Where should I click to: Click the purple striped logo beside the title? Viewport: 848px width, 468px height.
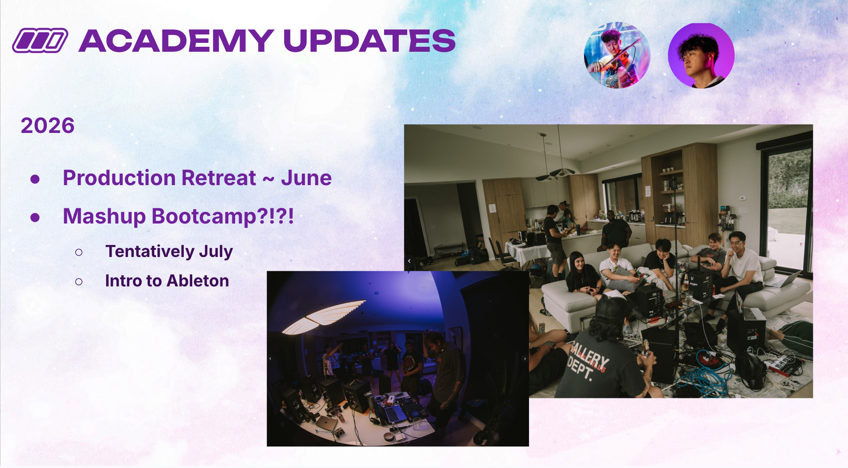(40, 41)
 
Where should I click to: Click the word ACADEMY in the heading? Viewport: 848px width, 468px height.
(176, 41)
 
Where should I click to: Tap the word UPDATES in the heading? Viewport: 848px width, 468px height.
(369, 41)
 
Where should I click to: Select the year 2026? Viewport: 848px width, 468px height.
(48, 125)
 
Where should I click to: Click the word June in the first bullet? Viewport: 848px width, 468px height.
(306, 178)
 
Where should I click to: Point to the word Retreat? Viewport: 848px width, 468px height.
(219, 178)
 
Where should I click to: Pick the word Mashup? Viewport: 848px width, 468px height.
(104, 217)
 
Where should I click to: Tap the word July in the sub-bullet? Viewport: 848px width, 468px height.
(216, 252)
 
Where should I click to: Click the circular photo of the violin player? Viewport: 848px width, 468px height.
(617, 55)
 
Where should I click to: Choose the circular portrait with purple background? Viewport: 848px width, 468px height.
(701, 55)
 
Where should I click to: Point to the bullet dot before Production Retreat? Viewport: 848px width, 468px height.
(35, 179)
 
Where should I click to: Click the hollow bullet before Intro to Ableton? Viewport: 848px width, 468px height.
(79, 282)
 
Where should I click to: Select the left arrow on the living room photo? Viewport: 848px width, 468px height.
(409, 261)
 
